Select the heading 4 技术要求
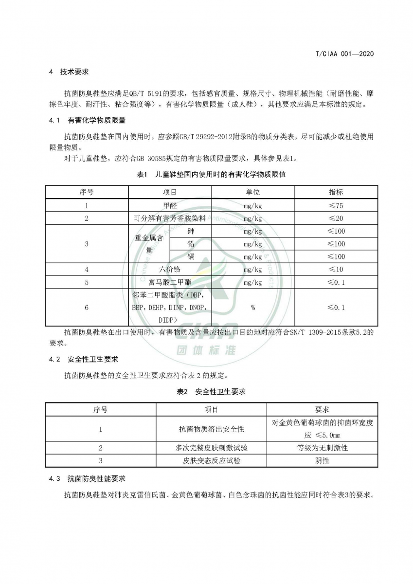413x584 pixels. coord(69,72)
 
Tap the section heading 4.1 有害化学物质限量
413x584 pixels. coord(87,120)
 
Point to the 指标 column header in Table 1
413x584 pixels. coord(336,192)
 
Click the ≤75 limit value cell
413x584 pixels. coord(336,205)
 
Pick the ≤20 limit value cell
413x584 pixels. coord(336,219)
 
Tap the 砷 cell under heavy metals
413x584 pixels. coord(191,231)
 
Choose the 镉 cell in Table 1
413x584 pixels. coord(191,256)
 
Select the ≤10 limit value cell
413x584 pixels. coord(336,269)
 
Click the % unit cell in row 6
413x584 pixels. coord(253,308)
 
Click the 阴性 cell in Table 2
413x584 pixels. coord(323,460)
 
